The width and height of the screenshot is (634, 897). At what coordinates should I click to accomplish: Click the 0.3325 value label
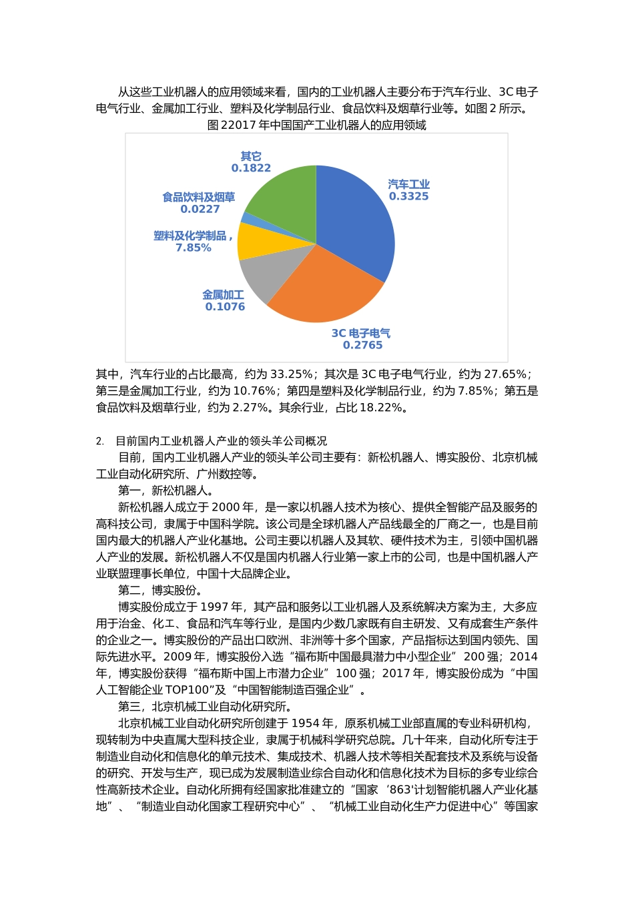click(408, 196)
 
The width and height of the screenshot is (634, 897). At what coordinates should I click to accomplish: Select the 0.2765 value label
click(362, 345)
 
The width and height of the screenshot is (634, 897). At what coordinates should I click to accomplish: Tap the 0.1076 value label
click(225, 306)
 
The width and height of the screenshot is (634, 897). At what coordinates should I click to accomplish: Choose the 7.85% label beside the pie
click(193, 248)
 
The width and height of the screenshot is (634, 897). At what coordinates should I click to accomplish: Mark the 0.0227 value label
click(200, 209)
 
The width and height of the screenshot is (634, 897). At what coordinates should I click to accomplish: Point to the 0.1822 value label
click(251, 168)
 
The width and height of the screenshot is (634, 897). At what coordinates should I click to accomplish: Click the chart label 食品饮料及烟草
click(199, 198)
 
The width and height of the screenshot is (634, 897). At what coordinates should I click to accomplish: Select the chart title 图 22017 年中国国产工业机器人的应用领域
click(316, 125)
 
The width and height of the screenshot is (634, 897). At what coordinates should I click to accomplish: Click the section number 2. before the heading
click(100, 441)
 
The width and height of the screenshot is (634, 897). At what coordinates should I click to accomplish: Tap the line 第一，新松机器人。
click(166, 491)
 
